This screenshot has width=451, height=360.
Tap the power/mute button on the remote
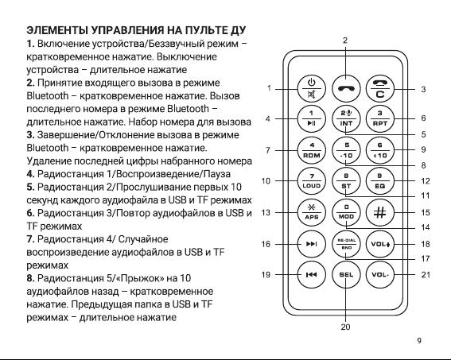coord(311,89)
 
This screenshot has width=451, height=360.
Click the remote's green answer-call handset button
coord(346,89)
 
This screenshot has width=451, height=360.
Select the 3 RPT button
coord(379,119)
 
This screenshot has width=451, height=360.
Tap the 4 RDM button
coord(311,150)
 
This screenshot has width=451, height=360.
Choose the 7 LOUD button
coord(311,181)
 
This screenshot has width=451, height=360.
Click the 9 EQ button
coord(379,181)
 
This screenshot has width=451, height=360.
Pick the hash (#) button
coord(379,213)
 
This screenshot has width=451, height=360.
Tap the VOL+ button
coord(379,244)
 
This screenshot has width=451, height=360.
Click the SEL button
coord(346,275)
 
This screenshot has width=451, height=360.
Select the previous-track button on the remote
coord(311,275)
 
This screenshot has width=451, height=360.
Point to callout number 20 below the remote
coord(345,327)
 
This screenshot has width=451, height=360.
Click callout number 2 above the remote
coord(345,41)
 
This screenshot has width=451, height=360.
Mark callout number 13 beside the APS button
coord(266,213)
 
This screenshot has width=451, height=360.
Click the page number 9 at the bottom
coord(419,340)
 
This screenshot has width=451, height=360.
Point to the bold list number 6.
coord(30,213)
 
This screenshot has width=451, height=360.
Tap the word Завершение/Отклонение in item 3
coord(97,135)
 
